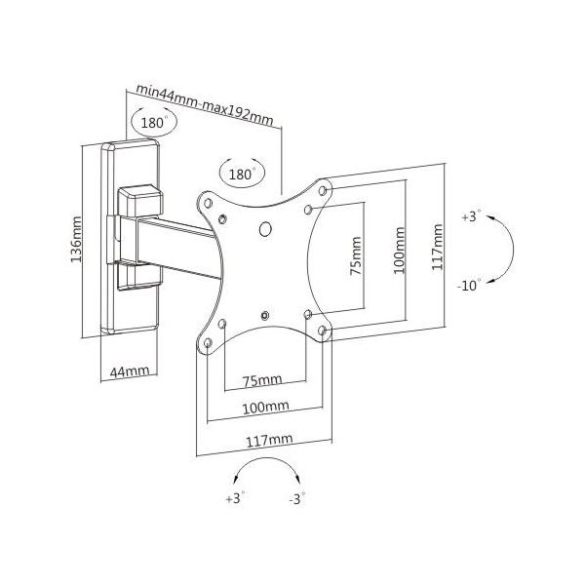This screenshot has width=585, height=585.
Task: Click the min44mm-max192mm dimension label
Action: [x=205, y=104]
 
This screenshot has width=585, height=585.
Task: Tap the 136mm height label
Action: [x=76, y=239]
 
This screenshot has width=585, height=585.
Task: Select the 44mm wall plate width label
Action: [x=130, y=371]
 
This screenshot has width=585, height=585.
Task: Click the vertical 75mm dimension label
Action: [x=356, y=255]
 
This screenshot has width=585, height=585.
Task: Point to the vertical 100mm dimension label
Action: [x=399, y=250]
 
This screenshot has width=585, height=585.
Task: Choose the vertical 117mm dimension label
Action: [x=437, y=247]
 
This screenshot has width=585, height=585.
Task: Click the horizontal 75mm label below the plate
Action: [x=262, y=380]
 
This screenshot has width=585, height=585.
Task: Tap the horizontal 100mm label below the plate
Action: [x=265, y=408]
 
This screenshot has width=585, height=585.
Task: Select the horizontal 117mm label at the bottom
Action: [x=269, y=441]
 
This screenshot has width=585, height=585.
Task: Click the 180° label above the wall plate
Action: [x=153, y=123]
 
